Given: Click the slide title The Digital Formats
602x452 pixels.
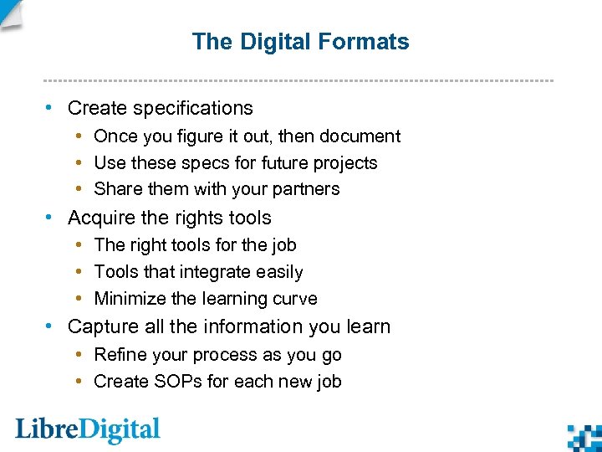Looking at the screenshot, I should pos(300,42).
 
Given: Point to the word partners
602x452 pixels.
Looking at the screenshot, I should pos(307,189).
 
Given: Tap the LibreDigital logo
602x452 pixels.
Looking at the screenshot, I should pos(88,430).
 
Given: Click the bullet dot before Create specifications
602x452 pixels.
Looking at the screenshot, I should pos(51,108).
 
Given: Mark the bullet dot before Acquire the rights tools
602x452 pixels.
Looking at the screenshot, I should pos(51,218).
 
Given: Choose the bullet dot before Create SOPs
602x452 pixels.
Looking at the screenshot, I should pos(77,382).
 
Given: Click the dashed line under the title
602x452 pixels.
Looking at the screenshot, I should pos(298,80).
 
